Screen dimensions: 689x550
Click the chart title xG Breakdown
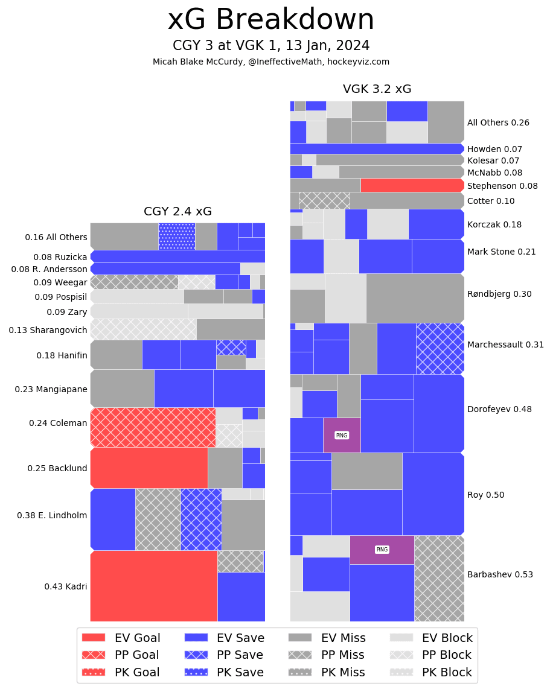tap(270, 21)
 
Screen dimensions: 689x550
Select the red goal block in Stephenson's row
tap(412, 185)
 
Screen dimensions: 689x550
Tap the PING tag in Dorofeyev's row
tap(342, 435)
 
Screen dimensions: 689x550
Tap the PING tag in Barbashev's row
tap(382, 550)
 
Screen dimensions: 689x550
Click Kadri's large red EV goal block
tap(154, 586)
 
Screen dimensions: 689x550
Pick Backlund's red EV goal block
tap(149, 468)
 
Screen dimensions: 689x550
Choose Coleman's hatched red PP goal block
tap(153, 427)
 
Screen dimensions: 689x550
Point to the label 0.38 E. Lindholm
tap(52, 516)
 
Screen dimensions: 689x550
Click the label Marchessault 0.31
tap(505, 345)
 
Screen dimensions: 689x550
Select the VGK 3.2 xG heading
tap(377, 89)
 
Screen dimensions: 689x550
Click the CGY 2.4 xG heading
tap(177, 212)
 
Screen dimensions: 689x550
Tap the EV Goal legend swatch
tap(93, 638)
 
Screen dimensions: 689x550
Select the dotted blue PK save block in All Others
tap(176, 237)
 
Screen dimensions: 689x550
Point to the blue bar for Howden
tap(376, 148)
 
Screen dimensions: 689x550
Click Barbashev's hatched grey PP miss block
tap(439, 578)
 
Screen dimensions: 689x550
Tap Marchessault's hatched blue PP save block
tap(440, 348)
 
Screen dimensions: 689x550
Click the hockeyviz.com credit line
tap(270, 62)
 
